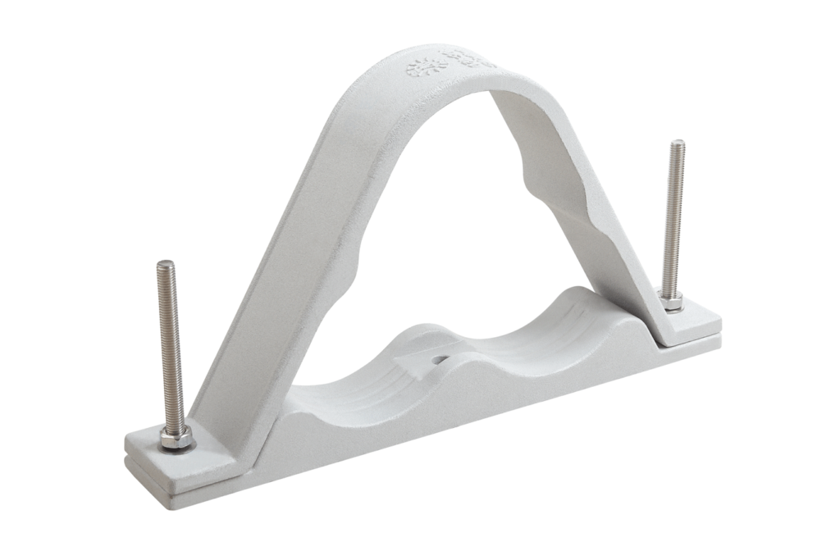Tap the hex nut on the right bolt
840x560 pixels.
tap(672, 303)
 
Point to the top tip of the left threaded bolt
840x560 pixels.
tap(166, 264)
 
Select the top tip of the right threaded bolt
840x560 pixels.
tap(677, 143)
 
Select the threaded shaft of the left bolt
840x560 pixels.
tap(170, 344)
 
